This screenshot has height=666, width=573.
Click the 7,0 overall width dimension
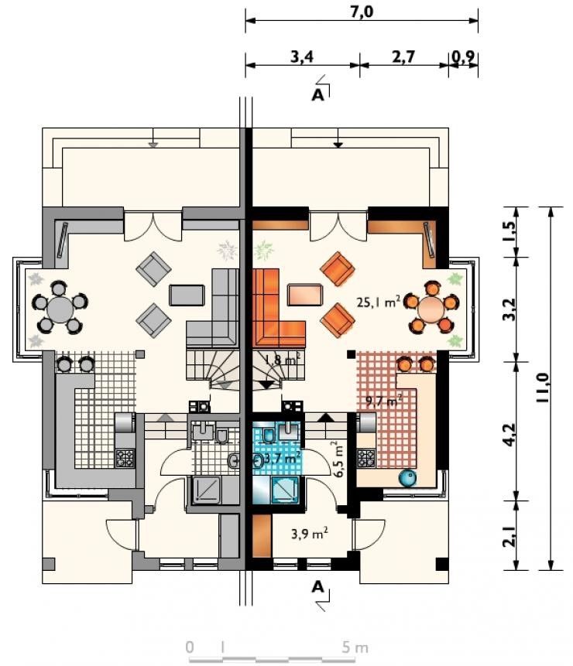(362, 12)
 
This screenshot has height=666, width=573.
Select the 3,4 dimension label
(302, 56)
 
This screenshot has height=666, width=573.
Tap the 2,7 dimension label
(403, 56)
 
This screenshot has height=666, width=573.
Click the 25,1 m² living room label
(379, 302)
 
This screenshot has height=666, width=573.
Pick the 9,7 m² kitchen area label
(384, 400)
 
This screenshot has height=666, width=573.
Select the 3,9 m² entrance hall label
(310, 533)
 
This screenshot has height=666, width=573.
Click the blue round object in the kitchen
(407, 478)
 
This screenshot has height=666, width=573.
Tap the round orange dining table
(431, 309)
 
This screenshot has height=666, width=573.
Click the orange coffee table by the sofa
(305, 295)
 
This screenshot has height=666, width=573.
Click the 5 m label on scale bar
(355, 647)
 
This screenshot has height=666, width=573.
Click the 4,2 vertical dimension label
(510, 434)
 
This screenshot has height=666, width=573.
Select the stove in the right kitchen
(366, 458)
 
